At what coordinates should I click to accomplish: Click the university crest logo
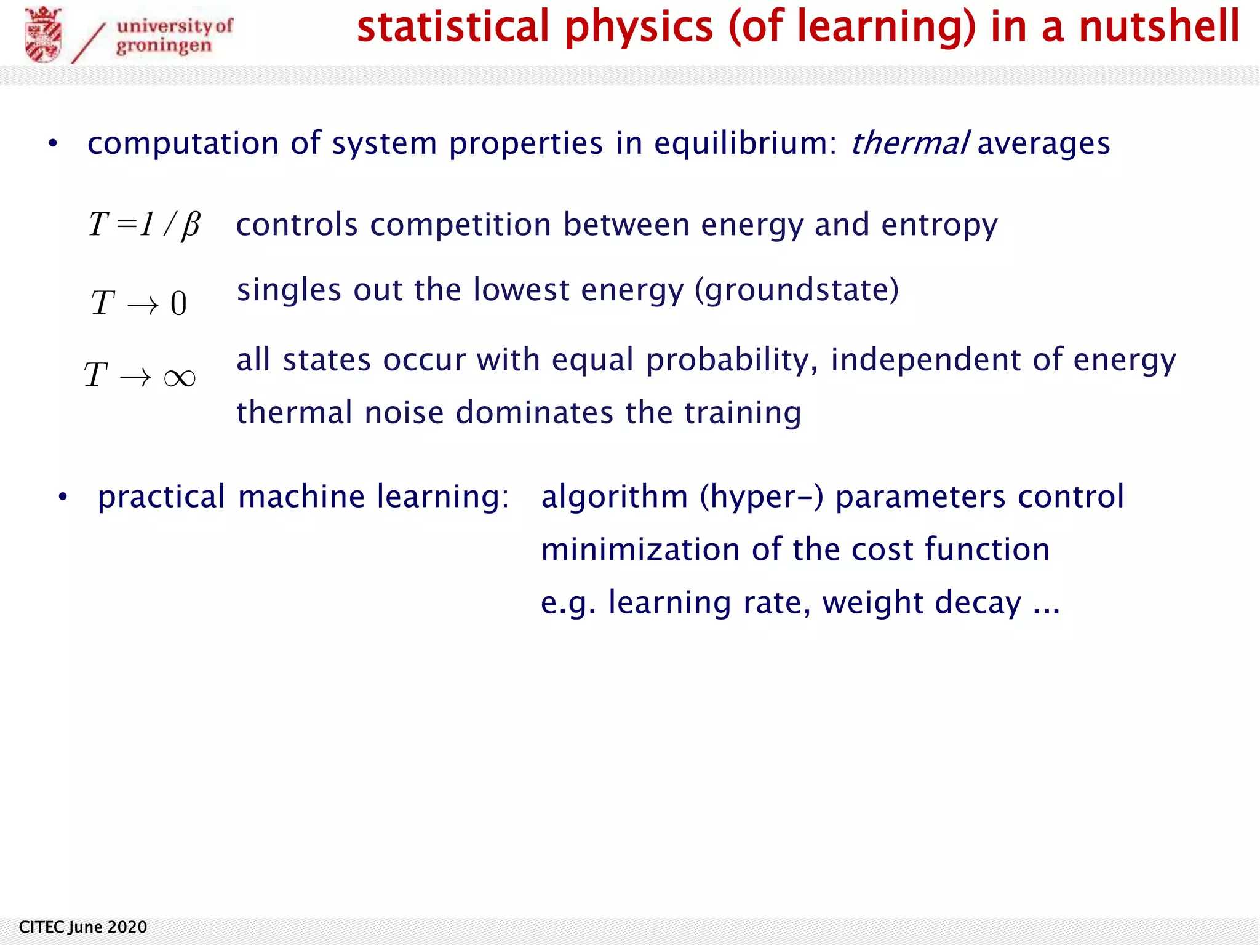(42, 34)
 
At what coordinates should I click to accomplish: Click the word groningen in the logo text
(164, 46)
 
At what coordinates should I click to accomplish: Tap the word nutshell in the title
(1159, 27)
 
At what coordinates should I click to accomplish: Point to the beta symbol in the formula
(190, 225)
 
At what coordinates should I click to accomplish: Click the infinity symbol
(180, 377)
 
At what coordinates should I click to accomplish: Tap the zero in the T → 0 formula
(178, 304)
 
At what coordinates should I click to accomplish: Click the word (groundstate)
(797, 290)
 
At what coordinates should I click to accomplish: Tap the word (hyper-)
(761, 497)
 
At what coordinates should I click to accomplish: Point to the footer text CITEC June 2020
(83, 927)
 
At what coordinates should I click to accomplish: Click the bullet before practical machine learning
(62, 497)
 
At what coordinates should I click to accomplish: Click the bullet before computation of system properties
(53, 144)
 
